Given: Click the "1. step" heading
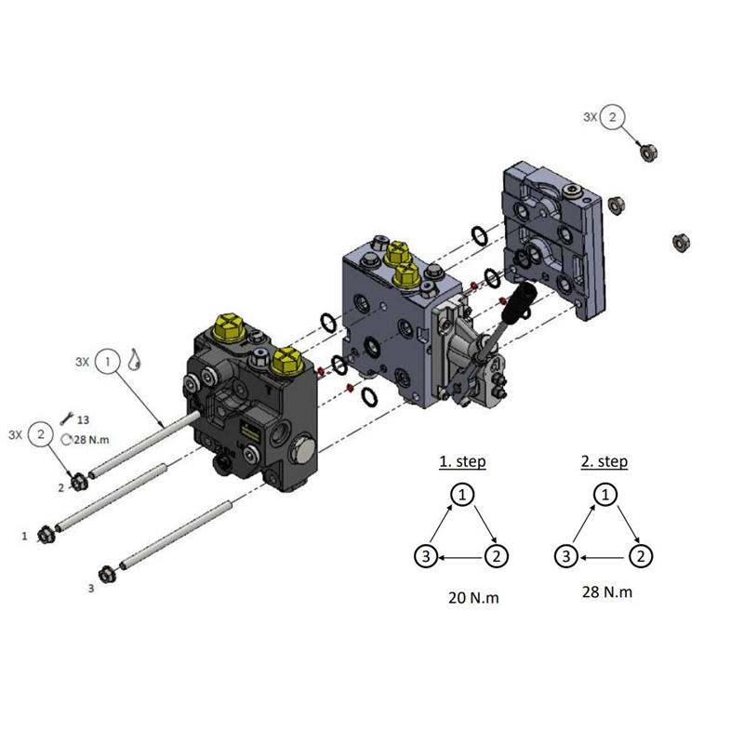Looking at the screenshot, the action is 462,461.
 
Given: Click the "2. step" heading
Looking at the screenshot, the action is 604,461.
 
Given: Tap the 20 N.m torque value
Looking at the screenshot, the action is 473,597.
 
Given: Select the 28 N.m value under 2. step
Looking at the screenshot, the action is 607,591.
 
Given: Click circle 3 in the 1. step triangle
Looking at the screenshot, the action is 426,555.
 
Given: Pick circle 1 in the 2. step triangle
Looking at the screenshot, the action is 605,495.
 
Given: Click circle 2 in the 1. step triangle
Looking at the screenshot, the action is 497,555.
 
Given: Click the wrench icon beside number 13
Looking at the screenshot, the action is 66,418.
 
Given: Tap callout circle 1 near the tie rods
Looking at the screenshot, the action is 108,362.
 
